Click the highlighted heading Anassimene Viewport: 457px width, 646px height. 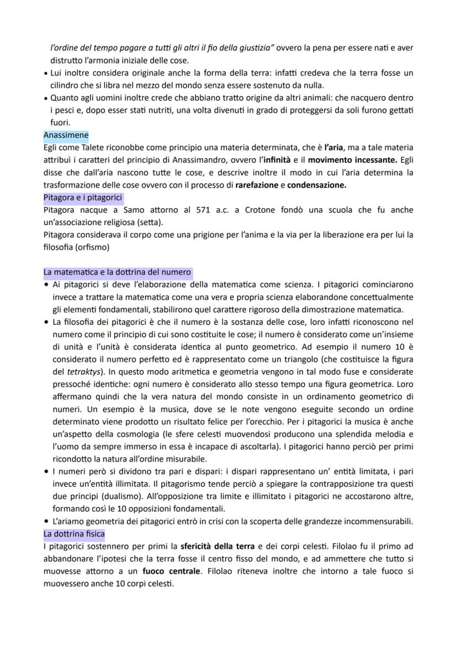tap(66, 135)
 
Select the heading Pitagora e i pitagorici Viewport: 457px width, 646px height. tap(83, 197)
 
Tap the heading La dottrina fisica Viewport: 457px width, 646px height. tap(74, 533)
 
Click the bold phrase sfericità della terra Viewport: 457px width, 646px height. tap(217, 547)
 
